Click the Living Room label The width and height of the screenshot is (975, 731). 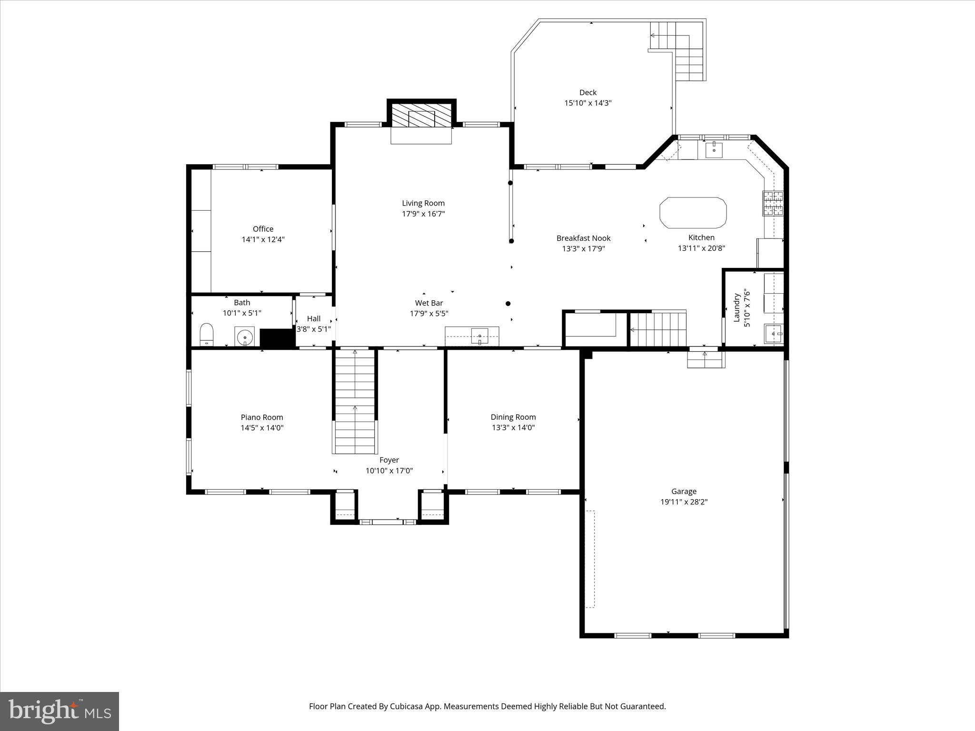pyautogui.click(x=423, y=203)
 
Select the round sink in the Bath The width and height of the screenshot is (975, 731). pyautogui.click(x=245, y=336)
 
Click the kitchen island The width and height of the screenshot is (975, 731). pyautogui.click(x=693, y=213)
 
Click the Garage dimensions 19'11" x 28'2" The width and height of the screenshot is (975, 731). pyautogui.click(x=684, y=502)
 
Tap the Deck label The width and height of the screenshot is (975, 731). pyautogui.click(x=588, y=92)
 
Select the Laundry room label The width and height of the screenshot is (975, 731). pyautogui.click(x=736, y=308)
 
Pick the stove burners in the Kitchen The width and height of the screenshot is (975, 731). pyautogui.click(x=773, y=203)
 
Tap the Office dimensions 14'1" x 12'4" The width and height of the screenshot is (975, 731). pyautogui.click(x=263, y=239)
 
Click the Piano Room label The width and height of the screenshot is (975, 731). pyautogui.click(x=262, y=417)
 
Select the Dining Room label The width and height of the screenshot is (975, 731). pyautogui.click(x=513, y=417)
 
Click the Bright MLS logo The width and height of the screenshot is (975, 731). pyautogui.click(x=60, y=711)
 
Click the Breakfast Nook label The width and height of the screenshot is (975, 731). pyautogui.click(x=583, y=238)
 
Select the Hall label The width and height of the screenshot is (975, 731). pyautogui.click(x=314, y=318)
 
